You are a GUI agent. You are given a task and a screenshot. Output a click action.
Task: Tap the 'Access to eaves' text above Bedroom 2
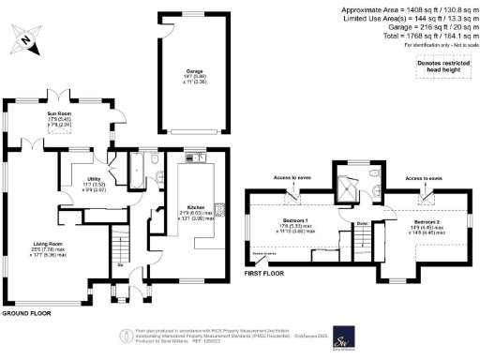[424, 177]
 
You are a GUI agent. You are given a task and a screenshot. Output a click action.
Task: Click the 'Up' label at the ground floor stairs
[120, 265]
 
